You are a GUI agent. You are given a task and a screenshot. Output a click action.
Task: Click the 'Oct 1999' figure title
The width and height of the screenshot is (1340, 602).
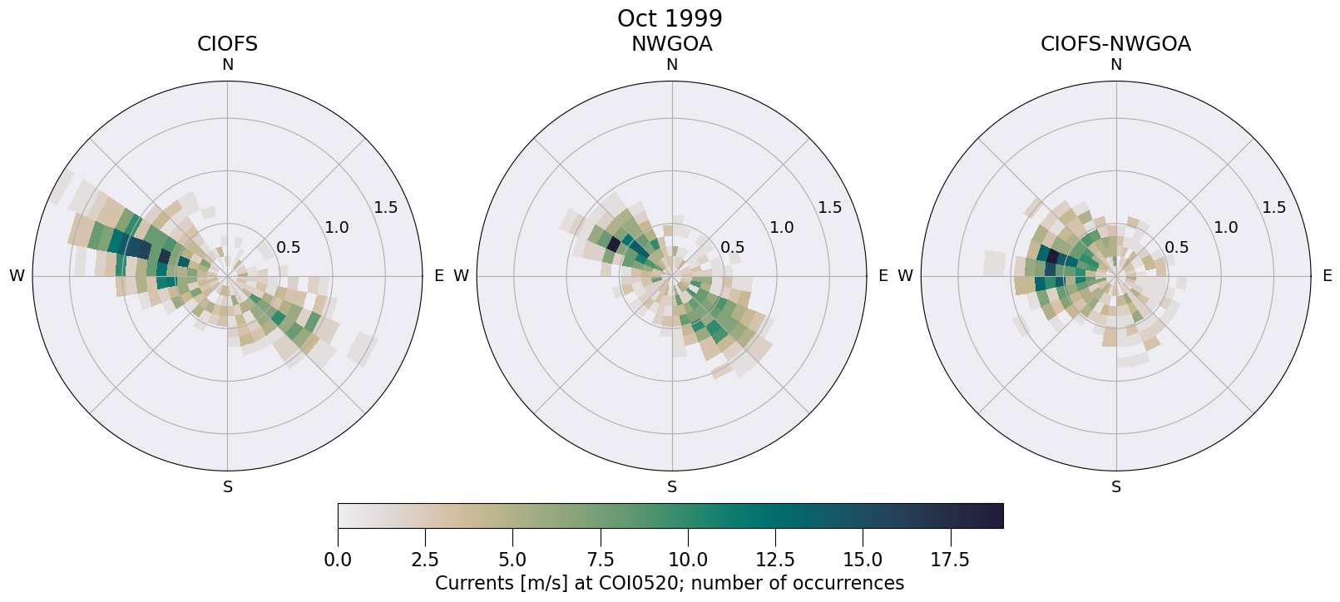tap(670, 18)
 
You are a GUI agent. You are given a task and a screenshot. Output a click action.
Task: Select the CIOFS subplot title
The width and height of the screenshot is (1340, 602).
tap(227, 44)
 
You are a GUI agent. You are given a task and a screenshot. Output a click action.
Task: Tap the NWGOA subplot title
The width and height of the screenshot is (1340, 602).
tap(671, 44)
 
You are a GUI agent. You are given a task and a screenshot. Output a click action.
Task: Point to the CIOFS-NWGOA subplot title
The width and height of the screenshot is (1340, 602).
tap(1115, 44)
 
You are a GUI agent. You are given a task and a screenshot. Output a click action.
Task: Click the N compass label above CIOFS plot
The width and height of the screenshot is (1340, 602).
tap(227, 65)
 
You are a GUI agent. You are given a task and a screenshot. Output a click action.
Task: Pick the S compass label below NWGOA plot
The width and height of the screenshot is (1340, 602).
tap(672, 487)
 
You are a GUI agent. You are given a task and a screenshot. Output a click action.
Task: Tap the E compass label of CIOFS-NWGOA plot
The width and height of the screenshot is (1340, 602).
tap(1328, 276)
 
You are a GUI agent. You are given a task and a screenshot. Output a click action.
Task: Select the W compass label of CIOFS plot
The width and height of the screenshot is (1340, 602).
tap(17, 276)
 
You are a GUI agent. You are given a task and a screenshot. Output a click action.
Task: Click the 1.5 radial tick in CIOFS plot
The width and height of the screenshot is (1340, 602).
tap(385, 207)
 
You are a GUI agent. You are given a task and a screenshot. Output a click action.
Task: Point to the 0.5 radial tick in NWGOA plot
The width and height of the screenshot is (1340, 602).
tap(732, 247)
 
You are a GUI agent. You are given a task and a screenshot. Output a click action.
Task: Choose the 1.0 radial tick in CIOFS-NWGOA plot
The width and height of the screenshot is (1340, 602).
tap(1225, 227)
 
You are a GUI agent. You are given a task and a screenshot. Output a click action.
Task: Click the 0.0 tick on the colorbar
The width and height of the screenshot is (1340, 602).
tap(338, 560)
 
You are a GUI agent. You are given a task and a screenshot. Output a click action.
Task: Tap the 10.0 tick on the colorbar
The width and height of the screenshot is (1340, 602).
tap(687, 560)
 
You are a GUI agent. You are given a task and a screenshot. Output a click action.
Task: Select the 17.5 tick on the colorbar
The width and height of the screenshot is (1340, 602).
tap(950, 560)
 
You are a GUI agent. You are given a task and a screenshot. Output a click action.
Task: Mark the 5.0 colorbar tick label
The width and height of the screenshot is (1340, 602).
tap(512, 560)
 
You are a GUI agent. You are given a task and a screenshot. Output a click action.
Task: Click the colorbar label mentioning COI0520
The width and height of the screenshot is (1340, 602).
tap(670, 583)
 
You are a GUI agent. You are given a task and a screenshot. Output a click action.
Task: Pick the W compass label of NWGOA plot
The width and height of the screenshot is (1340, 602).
tap(461, 276)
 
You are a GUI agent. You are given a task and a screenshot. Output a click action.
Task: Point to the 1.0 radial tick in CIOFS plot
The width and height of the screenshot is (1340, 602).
tap(337, 227)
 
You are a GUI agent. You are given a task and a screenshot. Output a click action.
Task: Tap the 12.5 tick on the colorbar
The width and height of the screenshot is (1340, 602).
tap(775, 560)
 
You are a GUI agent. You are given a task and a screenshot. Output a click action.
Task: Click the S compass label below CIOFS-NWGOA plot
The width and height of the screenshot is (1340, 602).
tap(1116, 487)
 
